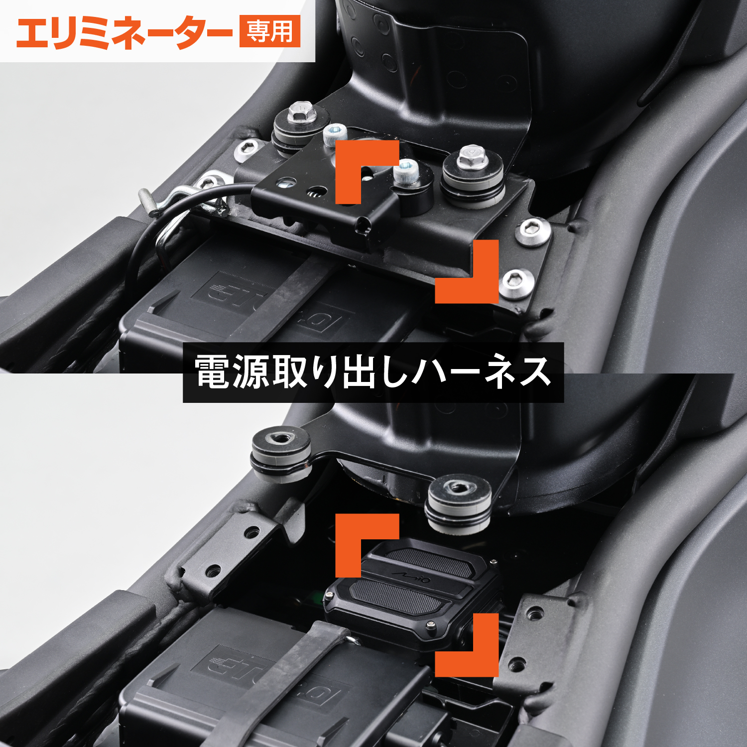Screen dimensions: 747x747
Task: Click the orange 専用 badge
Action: click(269, 31)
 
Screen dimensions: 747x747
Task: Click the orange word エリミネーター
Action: click(124, 32)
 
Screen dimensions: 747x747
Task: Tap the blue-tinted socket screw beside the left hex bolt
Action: click(335, 135)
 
